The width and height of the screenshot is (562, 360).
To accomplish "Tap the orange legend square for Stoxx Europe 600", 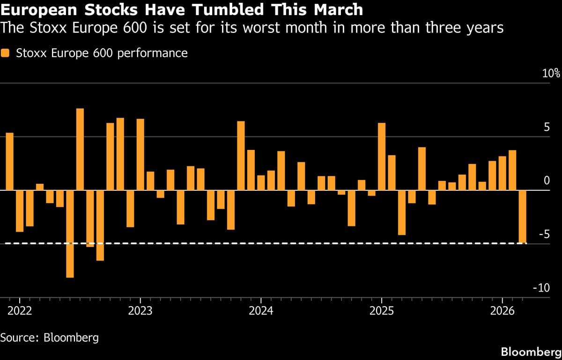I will (x=5, y=53).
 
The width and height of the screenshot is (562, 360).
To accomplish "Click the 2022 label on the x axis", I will (x=20, y=311).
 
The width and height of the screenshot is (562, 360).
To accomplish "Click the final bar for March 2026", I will (x=523, y=217).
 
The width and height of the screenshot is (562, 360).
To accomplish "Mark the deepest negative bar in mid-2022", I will (x=70, y=234).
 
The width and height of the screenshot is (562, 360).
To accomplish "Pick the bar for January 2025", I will (x=382, y=157).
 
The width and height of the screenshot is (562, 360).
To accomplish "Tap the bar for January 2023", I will (x=140, y=155).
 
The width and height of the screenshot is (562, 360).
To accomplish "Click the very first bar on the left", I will (x=10, y=162).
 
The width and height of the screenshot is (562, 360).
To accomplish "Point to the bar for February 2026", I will (x=512, y=170).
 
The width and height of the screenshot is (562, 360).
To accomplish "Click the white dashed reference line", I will (x=281, y=243).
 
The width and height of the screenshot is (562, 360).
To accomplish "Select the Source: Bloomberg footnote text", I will (x=50, y=337).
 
